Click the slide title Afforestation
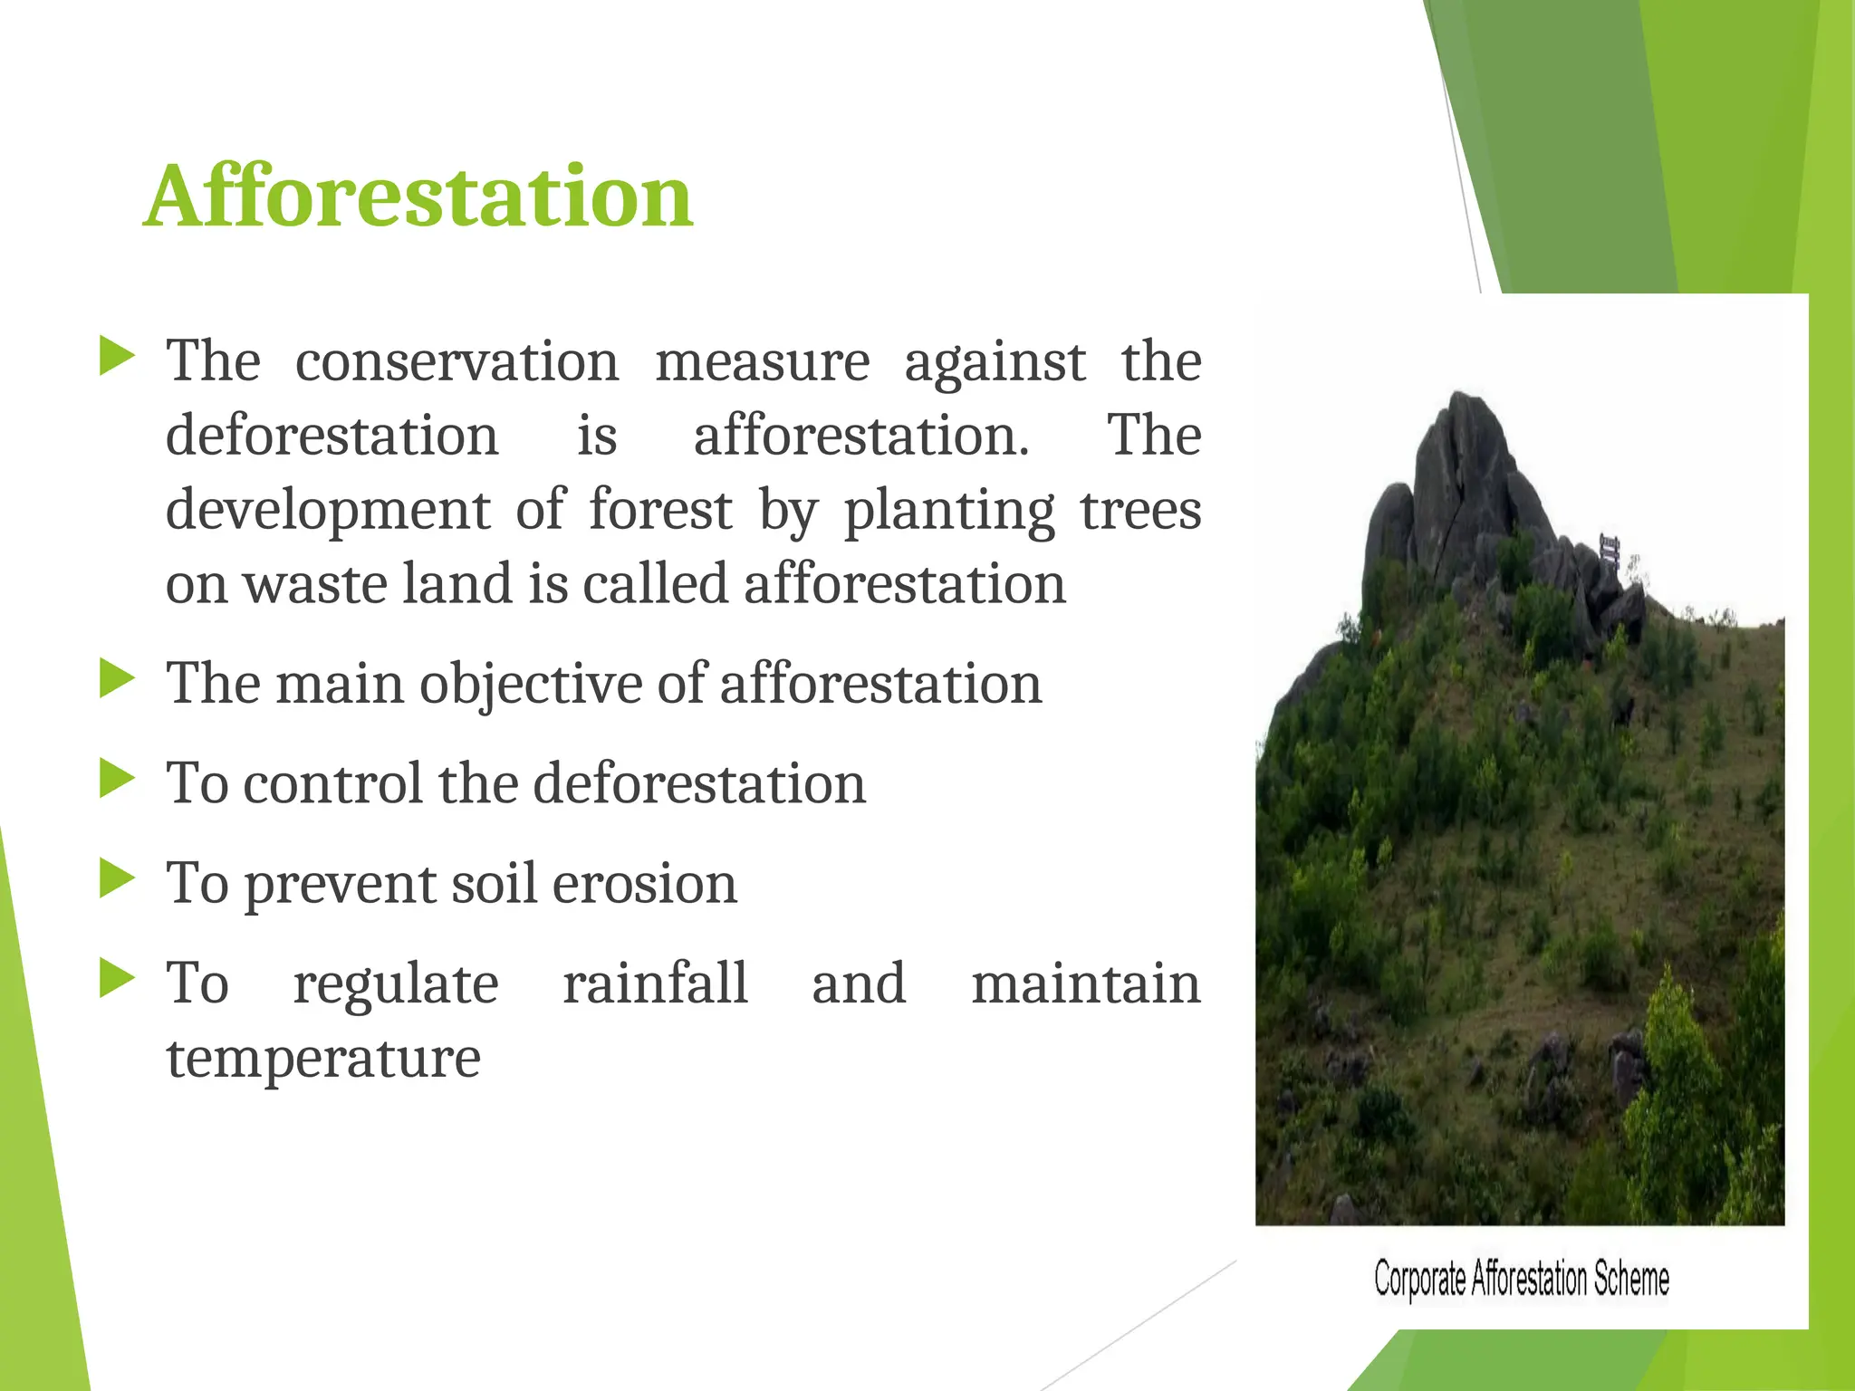(418, 197)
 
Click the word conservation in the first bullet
(457, 361)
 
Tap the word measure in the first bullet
(762, 361)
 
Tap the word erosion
(644, 883)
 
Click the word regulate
(395, 984)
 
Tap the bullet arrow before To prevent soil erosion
(117, 878)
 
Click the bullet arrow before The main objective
(117, 679)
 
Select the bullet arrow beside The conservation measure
(117, 357)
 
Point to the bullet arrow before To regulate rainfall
(117, 979)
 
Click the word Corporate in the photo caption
(1419, 1280)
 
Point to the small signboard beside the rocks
(1610, 550)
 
